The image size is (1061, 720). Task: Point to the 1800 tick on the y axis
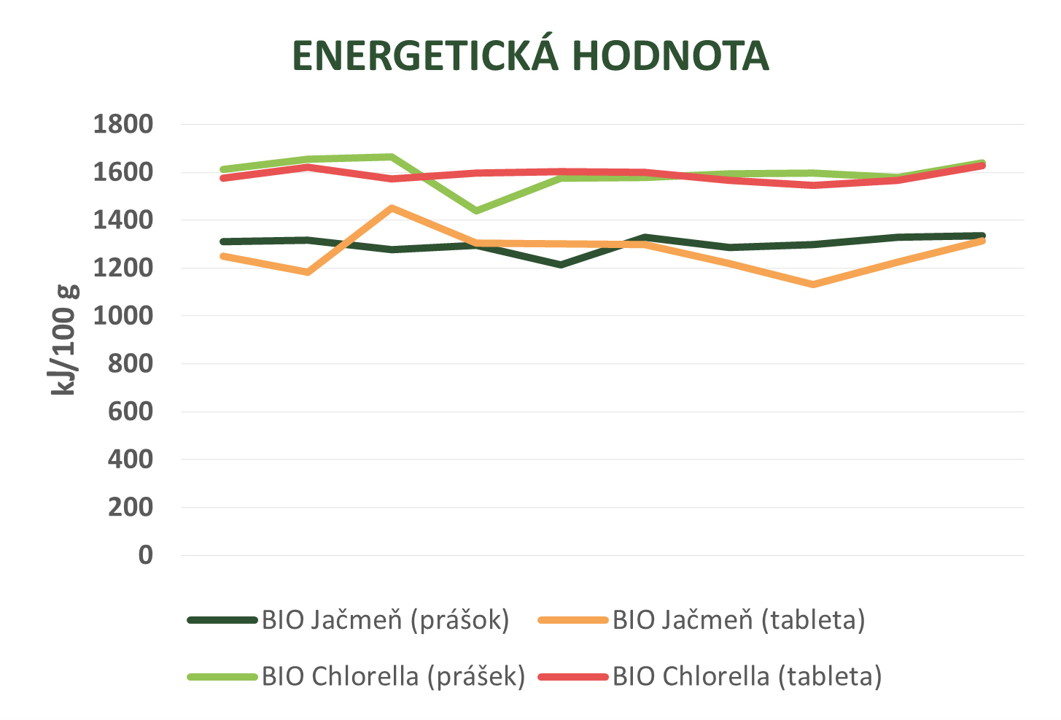coord(123,125)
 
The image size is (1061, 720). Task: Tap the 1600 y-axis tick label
coord(123,173)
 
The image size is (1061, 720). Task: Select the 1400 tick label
coord(123,220)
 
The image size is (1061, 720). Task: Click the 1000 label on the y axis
coord(123,316)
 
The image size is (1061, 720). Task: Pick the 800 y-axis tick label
coord(131,363)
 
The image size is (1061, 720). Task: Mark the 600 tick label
coord(131,411)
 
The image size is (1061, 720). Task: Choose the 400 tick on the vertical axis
coord(131,460)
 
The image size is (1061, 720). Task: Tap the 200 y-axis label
coord(131,507)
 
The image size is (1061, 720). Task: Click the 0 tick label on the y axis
coord(146,555)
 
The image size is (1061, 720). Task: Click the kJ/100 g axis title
coord(64,340)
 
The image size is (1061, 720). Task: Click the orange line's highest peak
coord(392,208)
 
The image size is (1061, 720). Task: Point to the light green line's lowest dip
coord(477,211)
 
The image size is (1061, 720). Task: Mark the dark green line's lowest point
coord(561,265)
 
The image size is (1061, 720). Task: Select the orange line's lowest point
coord(813,284)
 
